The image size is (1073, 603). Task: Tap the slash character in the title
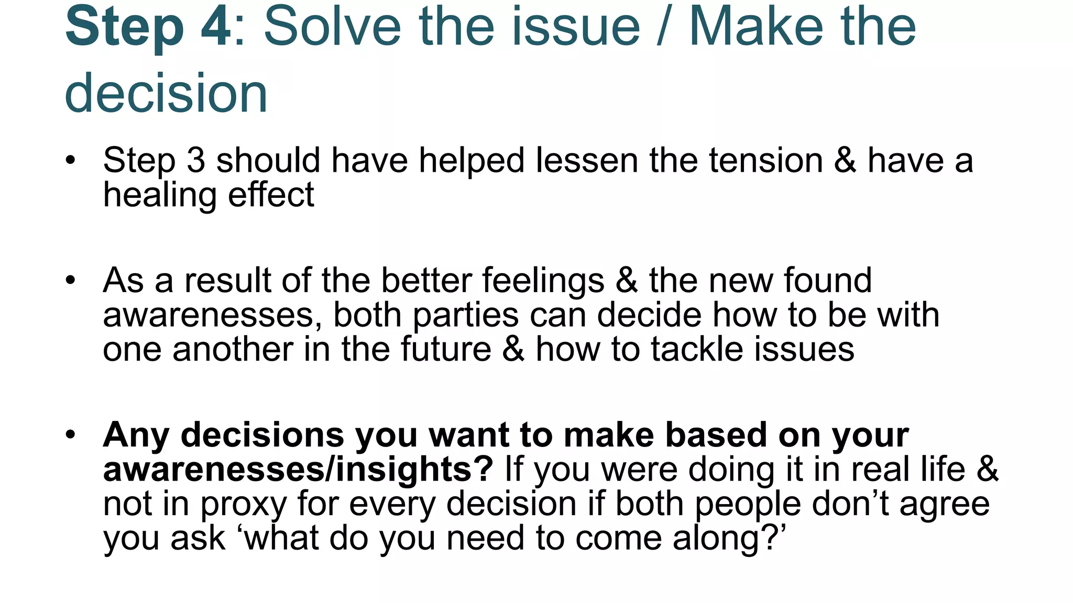[x=664, y=27]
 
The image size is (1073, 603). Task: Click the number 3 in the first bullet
[x=195, y=161]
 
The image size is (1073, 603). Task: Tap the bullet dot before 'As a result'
[x=71, y=281]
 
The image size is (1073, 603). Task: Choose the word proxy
[x=244, y=505]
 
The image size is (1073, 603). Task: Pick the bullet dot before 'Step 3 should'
[x=71, y=160]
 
